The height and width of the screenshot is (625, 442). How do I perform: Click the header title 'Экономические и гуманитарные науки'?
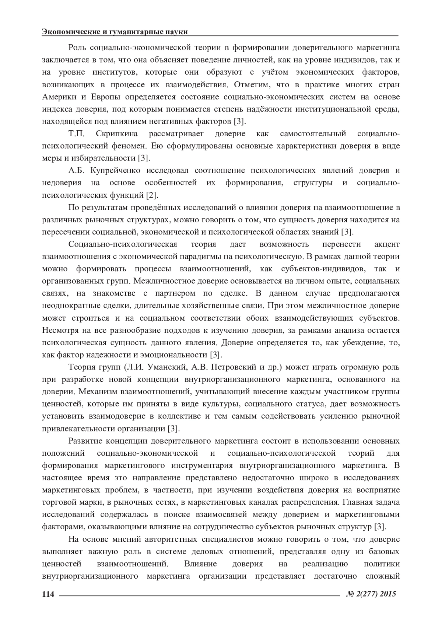(x=115, y=32)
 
